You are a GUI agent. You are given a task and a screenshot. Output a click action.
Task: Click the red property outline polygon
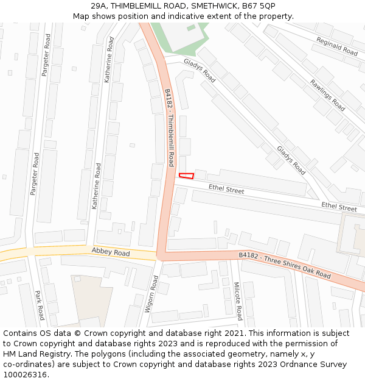186,176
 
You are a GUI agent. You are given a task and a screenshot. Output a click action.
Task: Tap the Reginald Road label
336,46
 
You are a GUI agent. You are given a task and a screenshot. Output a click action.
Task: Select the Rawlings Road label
327,95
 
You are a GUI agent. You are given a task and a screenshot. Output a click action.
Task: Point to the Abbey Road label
111,252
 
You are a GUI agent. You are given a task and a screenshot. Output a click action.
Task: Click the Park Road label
40,305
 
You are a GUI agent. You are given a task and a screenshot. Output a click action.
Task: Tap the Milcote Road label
238,301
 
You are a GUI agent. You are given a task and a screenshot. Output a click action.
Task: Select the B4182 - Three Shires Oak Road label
285,266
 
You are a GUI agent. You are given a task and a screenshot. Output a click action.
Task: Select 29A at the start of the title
99,5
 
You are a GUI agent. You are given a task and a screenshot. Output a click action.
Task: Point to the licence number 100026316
26,375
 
